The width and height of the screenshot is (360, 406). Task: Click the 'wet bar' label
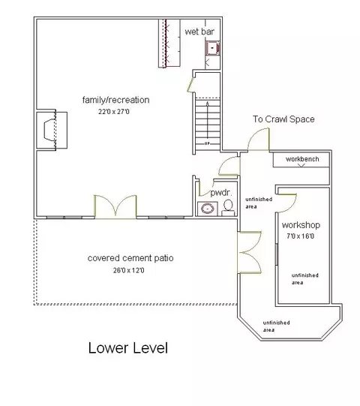(199, 32)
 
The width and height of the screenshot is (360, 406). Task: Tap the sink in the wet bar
(212, 48)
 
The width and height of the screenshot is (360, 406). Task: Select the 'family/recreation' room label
(115, 100)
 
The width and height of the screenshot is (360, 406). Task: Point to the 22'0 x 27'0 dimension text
(113, 112)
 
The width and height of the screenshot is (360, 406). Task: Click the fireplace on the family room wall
(52, 130)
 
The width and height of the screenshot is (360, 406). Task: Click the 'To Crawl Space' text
(283, 119)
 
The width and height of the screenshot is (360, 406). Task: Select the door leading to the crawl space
(259, 140)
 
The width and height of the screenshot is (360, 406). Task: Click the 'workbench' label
(302, 159)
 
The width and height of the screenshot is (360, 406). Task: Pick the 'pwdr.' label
(220, 193)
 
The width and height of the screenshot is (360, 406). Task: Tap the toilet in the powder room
(228, 208)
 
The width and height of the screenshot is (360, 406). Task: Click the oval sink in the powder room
(208, 209)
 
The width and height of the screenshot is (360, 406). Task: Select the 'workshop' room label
(301, 225)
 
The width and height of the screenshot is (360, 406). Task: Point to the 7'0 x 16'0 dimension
(301, 236)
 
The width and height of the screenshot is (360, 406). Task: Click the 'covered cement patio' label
(130, 258)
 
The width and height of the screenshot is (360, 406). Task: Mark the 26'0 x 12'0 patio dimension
(129, 270)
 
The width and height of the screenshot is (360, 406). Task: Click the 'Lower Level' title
(128, 347)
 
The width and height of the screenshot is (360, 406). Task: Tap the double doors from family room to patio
(115, 207)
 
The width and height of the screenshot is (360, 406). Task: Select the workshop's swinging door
(287, 203)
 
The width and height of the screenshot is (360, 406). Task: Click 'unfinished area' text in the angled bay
(276, 326)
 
